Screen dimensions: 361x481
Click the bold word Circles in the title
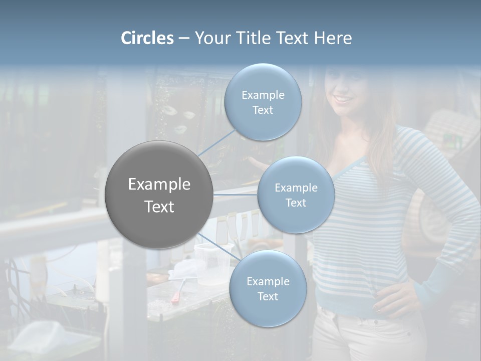147,38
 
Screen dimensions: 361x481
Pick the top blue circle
263,102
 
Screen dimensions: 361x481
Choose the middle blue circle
296,195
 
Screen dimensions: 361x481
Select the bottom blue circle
268,289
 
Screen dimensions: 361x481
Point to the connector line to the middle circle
235,194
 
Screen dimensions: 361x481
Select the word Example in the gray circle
159,185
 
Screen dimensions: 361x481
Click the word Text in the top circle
263,110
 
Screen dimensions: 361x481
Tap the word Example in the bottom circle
268,281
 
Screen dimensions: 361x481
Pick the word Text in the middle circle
296,203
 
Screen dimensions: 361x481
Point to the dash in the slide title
184,39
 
